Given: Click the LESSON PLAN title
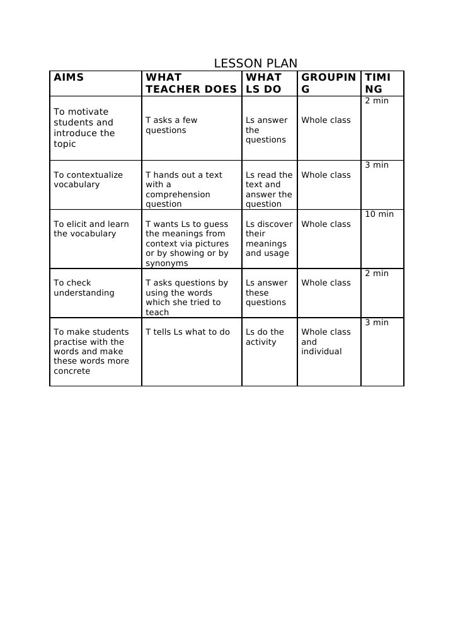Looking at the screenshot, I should [x=255, y=63].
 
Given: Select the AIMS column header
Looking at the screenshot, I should [x=69, y=78].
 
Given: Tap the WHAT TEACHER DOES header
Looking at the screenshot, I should [x=191, y=83].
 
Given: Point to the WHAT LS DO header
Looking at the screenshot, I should [x=264, y=83].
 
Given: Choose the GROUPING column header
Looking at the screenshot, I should [x=328, y=83].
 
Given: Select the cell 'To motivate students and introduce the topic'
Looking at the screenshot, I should [x=84, y=128].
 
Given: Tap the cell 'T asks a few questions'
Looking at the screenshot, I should [x=171, y=125].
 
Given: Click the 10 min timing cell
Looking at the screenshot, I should [x=379, y=214].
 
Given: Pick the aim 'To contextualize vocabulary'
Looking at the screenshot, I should [x=88, y=180].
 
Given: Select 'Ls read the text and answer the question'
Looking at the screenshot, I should [x=269, y=189].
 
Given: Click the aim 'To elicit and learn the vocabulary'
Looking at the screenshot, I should [x=91, y=229].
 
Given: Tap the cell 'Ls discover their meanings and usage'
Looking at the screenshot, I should [x=269, y=238].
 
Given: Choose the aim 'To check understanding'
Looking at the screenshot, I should [x=84, y=287].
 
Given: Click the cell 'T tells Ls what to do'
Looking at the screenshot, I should [x=188, y=332].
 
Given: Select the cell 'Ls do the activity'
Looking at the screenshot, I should [x=265, y=337].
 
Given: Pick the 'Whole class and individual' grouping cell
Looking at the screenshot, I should [x=326, y=342].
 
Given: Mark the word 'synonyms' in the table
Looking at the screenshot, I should [x=167, y=263].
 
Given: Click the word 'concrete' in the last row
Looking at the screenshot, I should [x=72, y=371].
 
